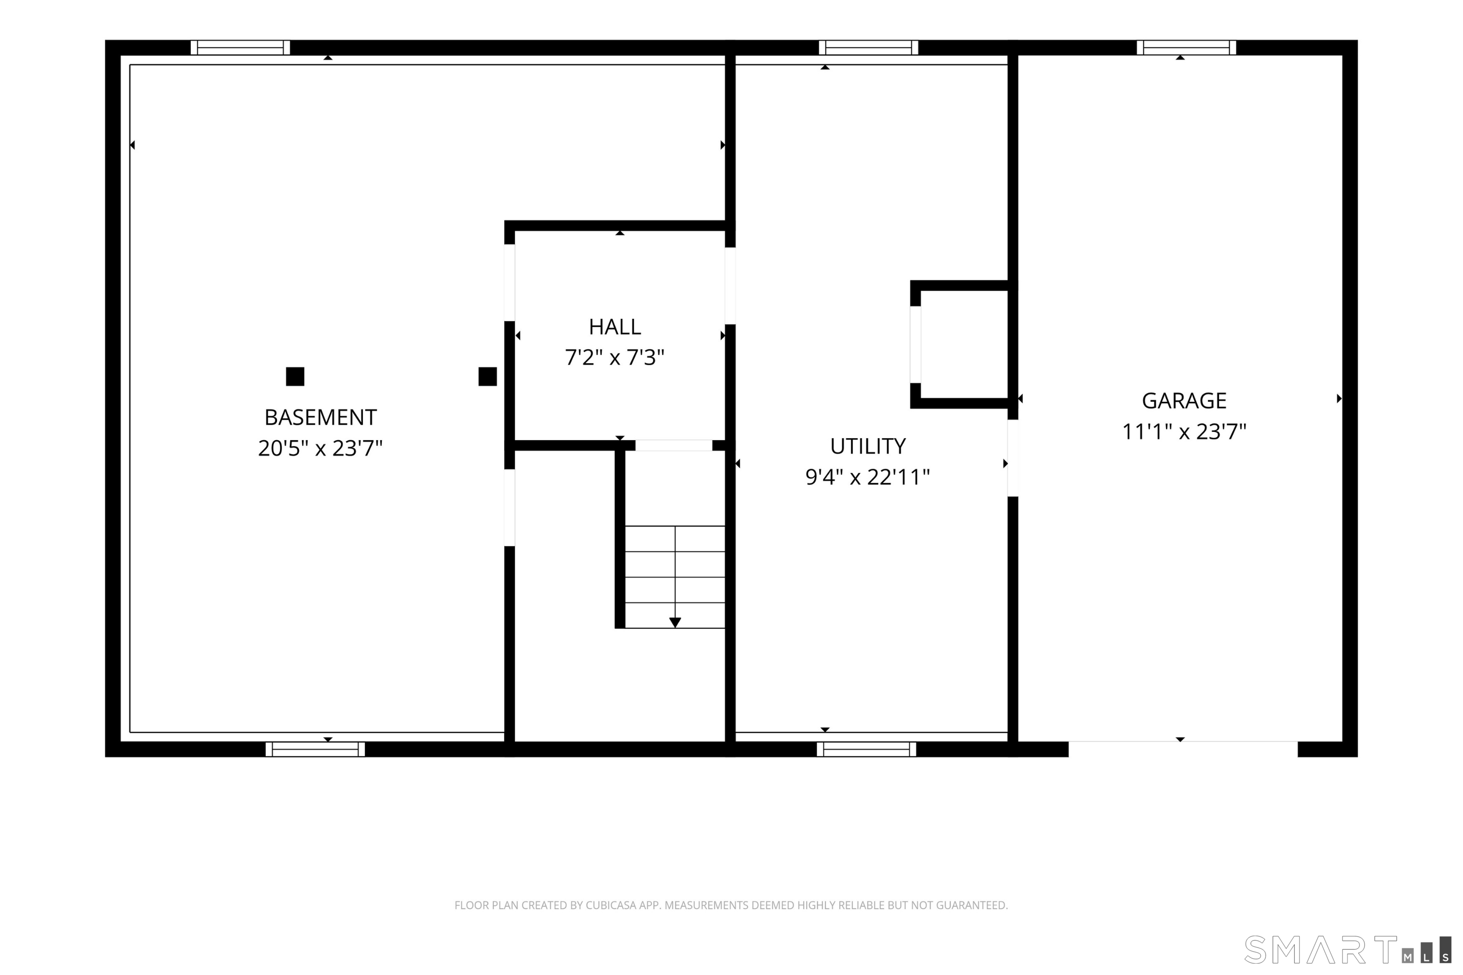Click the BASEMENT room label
(320, 417)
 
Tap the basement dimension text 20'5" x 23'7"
(320, 448)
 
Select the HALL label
(614, 327)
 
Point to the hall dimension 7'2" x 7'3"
(614, 357)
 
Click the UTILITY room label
(868, 447)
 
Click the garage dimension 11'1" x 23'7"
(1184, 431)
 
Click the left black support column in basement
(295, 377)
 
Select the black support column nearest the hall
(488, 377)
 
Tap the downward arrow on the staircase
(675, 623)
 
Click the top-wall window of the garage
(1186, 48)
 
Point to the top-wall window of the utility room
(869, 48)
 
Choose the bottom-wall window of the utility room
(867, 749)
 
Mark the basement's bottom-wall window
(316, 749)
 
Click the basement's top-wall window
(240, 48)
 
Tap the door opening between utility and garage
(1013, 458)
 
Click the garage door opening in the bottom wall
(1183, 749)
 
